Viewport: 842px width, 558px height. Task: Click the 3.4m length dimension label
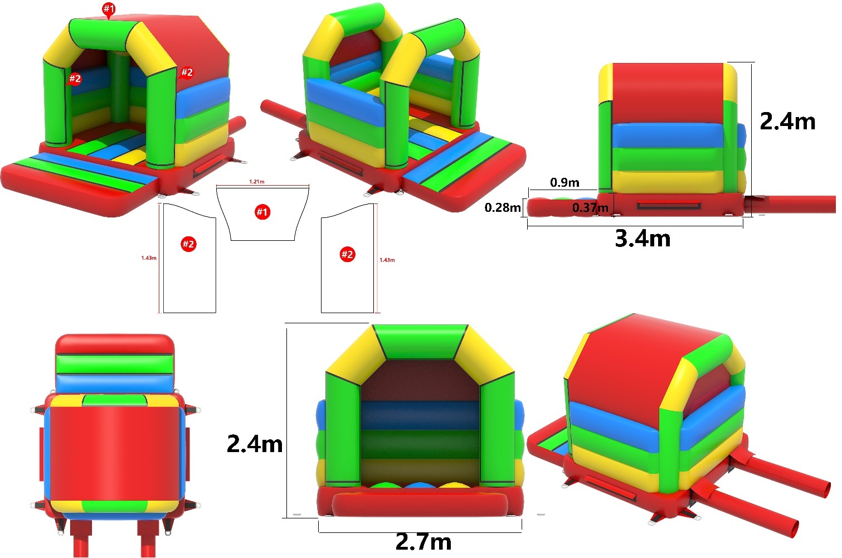pyautogui.click(x=643, y=239)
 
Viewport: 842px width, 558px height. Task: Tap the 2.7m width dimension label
pyautogui.click(x=424, y=542)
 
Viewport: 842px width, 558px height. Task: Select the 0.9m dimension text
pyautogui.click(x=564, y=183)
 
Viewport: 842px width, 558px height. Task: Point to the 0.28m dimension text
pyautogui.click(x=503, y=207)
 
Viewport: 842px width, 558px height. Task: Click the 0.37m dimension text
pyautogui.click(x=590, y=207)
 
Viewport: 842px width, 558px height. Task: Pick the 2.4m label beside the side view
pyautogui.click(x=787, y=122)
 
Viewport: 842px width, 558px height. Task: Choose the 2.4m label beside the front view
pyautogui.click(x=255, y=444)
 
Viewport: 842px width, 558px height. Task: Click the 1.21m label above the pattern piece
pyautogui.click(x=257, y=182)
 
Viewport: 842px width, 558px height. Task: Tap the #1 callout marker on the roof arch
pyautogui.click(x=109, y=9)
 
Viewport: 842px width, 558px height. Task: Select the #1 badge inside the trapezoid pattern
pyautogui.click(x=262, y=212)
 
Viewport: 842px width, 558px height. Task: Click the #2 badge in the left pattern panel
pyautogui.click(x=188, y=244)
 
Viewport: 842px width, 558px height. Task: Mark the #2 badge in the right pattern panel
pyautogui.click(x=347, y=255)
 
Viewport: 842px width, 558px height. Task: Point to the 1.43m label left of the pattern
pyautogui.click(x=149, y=258)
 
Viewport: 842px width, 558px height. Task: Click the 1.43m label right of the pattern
pyautogui.click(x=387, y=260)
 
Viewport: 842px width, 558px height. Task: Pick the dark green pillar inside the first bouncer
pyautogui.click(x=119, y=90)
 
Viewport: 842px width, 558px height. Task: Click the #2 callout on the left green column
pyautogui.click(x=75, y=79)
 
